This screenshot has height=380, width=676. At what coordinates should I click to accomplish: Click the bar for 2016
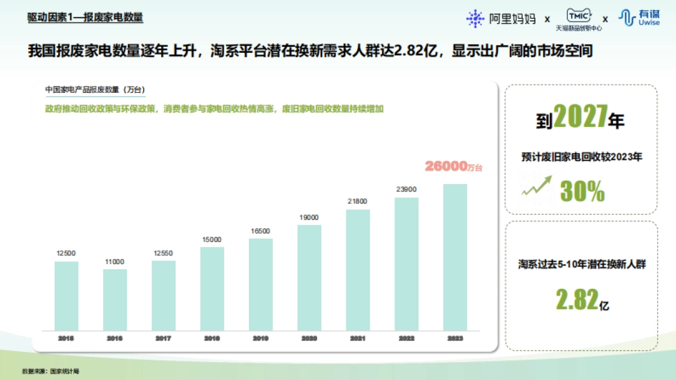click(115, 299)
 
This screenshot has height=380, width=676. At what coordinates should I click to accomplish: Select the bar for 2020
click(309, 278)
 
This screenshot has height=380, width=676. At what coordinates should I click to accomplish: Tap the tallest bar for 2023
click(455, 257)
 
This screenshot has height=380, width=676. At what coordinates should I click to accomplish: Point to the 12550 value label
click(163, 253)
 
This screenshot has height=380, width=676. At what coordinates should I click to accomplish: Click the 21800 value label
click(358, 202)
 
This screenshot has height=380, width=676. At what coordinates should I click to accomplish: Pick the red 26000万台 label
click(454, 167)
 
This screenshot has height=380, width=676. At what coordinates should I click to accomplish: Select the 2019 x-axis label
click(261, 338)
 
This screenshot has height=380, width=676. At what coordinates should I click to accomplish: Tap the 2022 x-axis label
click(406, 338)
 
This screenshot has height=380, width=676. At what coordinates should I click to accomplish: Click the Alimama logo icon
click(475, 19)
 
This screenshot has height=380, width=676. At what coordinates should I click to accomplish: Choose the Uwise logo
click(639, 18)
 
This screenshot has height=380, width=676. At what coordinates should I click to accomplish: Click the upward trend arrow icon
click(536, 186)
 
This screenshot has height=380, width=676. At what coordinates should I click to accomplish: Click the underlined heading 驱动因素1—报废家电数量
click(85, 17)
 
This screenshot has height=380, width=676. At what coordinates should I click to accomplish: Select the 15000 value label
click(212, 239)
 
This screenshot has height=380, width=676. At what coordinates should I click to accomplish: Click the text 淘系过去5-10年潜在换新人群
click(582, 263)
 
